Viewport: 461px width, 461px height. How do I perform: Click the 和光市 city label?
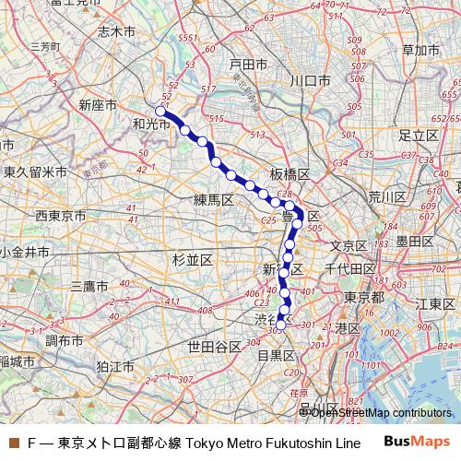(151, 123)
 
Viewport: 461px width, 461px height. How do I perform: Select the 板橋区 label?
(290, 174)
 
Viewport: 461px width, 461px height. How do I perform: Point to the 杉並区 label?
(193, 261)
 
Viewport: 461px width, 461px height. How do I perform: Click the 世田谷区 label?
(214, 346)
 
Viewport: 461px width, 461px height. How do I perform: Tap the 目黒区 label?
(275, 354)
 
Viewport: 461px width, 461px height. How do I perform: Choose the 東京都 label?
(364, 297)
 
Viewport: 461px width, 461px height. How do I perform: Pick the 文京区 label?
(349, 245)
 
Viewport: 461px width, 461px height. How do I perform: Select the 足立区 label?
(418, 135)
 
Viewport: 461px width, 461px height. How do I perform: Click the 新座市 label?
(98, 104)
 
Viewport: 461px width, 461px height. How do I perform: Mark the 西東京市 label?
(61, 215)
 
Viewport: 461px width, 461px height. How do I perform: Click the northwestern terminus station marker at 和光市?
(160, 112)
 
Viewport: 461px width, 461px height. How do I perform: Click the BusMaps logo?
(416, 443)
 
